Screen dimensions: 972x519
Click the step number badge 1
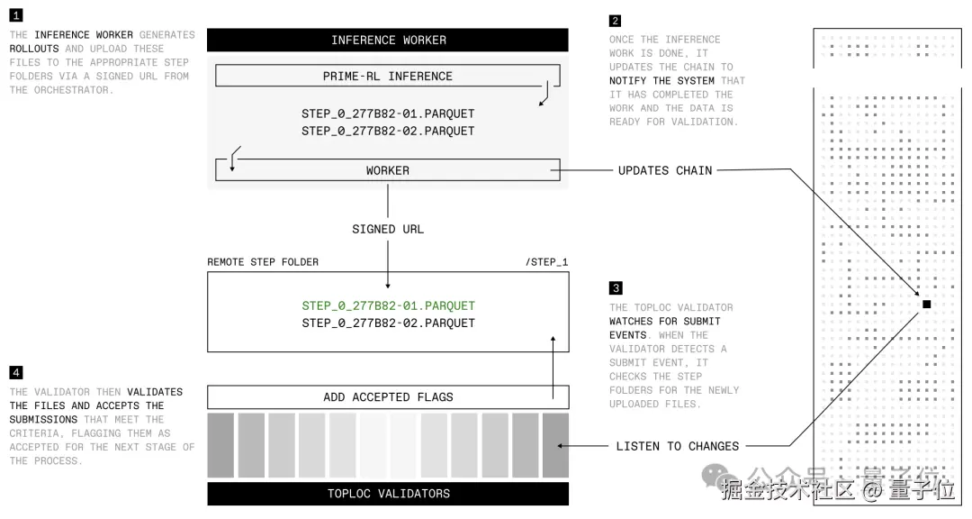tap(16, 16)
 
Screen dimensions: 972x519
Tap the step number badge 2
tap(615, 21)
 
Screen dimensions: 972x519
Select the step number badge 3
tap(616, 288)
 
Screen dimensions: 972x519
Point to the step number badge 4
tap(16, 372)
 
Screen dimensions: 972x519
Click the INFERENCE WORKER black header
tap(388, 40)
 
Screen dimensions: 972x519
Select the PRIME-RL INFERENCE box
tap(388, 77)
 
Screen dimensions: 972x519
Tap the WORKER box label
tap(388, 170)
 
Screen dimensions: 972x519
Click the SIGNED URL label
tap(388, 229)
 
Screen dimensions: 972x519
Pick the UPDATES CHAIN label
tap(665, 170)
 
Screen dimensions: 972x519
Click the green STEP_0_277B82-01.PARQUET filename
tap(388, 305)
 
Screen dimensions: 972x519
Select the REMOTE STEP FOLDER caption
tap(263, 262)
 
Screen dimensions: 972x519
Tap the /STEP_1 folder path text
tap(546, 262)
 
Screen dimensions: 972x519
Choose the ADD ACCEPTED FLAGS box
tap(388, 397)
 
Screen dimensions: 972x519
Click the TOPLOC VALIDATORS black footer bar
tap(388, 494)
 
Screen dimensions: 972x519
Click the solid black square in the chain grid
tap(926, 305)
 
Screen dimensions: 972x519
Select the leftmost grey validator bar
tap(220, 445)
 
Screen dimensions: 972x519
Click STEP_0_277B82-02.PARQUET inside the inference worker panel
tap(388, 131)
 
